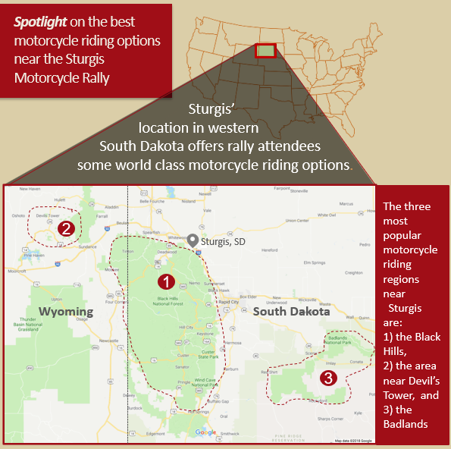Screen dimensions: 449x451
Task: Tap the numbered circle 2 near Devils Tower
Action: click(x=66, y=228)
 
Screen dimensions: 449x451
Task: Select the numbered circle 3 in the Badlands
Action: click(x=327, y=377)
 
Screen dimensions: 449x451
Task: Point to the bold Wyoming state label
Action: click(x=66, y=312)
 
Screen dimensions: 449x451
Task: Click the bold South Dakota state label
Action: click(x=292, y=312)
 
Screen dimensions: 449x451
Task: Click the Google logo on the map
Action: click(x=205, y=432)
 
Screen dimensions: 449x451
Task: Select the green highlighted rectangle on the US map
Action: click(x=265, y=51)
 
